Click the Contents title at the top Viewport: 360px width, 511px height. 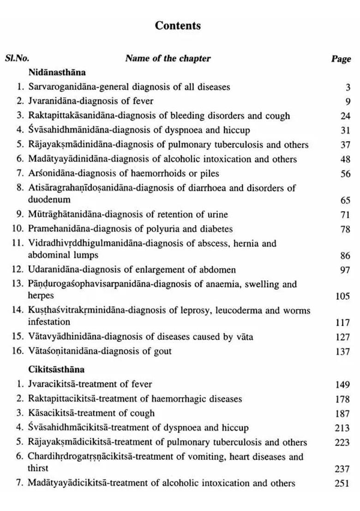pyautogui.click(x=178, y=25)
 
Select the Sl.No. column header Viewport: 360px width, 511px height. pyautogui.click(x=17, y=58)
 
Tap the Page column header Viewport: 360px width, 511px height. pyautogui.click(x=341, y=59)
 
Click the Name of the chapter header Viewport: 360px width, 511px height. pyautogui.click(x=168, y=58)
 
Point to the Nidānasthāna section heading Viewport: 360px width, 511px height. pyautogui.click(x=57, y=72)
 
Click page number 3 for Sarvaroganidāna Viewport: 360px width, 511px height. pyautogui.click(x=348, y=87)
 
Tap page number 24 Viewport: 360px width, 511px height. pyautogui.click(x=345, y=116)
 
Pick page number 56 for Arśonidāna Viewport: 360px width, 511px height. pyautogui.click(x=345, y=174)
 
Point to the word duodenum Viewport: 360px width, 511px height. pyautogui.click(x=49, y=200)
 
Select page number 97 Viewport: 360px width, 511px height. pyautogui.click(x=345, y=270)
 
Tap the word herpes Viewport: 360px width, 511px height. pyautogui.click(x=41, y=296)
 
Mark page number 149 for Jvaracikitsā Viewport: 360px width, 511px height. pyautogui.click(x=342, y=384)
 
